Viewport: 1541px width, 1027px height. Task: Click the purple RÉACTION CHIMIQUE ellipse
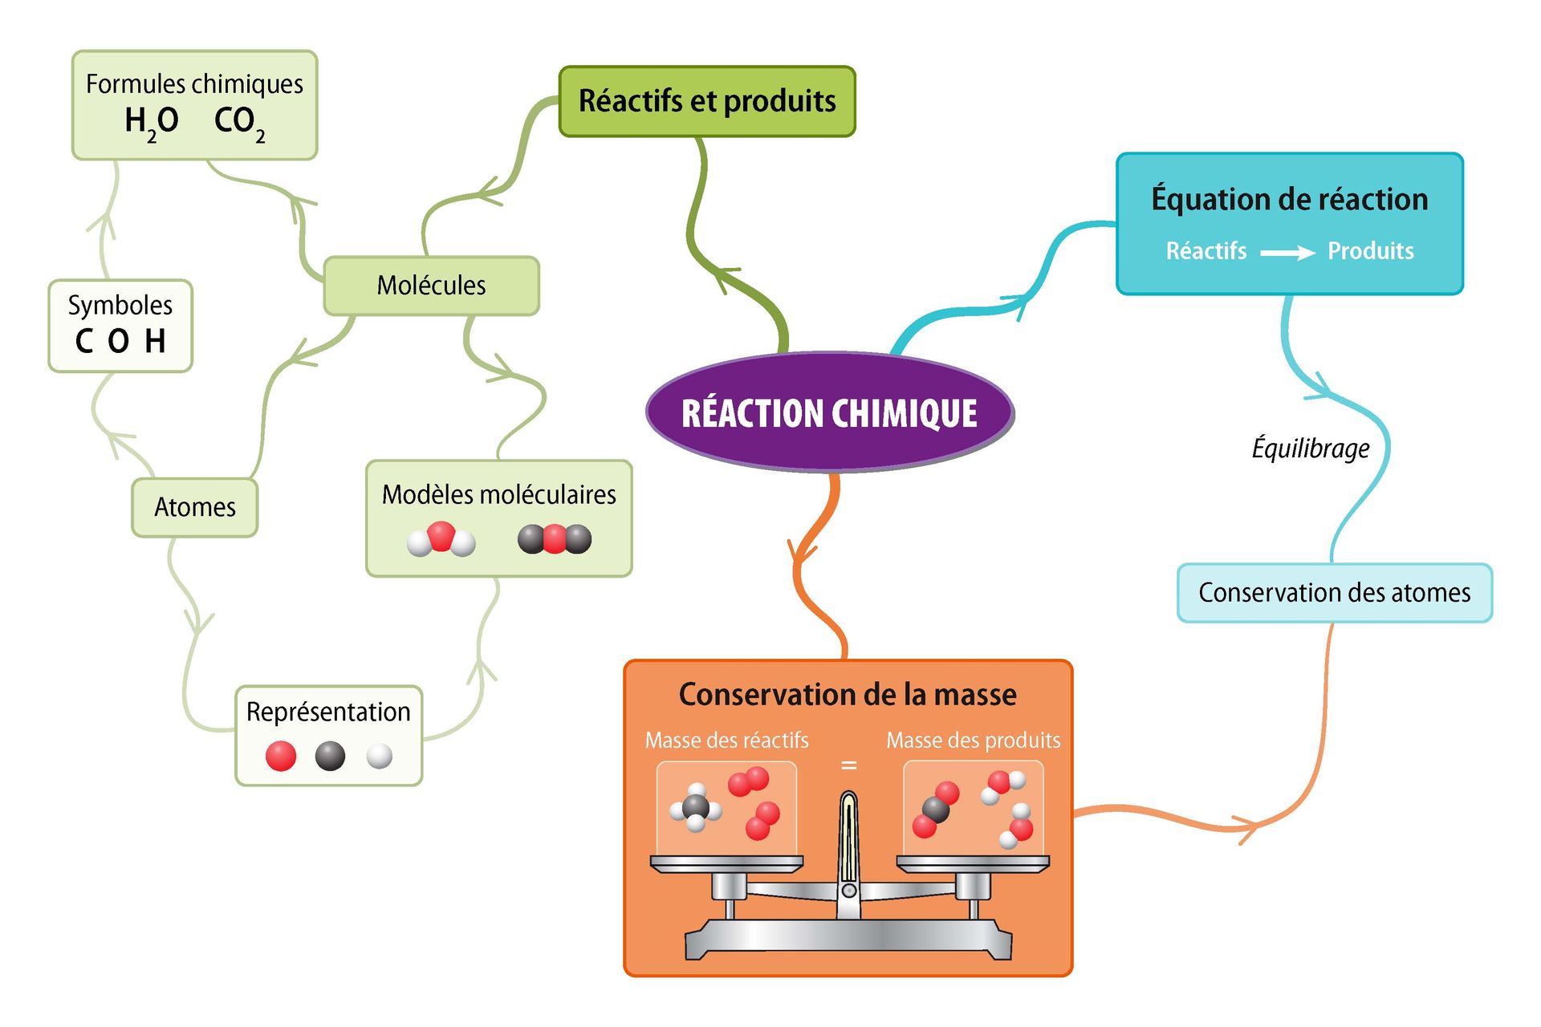[x=829, y=412]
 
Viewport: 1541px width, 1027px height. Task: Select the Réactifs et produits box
[x=707, y=101]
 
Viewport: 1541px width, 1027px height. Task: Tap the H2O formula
[x=152, y=122]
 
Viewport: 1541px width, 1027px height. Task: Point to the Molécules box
[x=431, y=286]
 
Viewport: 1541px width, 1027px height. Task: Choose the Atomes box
[x=194, y=507]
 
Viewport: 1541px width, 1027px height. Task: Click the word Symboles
[x=120, y=305]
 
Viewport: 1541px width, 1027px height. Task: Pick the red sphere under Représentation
[x=281, y=756]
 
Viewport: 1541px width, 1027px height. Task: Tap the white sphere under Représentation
[x=379, y=756]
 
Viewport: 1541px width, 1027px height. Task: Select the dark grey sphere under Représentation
[x=330, y=756]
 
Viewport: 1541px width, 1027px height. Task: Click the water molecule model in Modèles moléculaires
[x=441, y=539]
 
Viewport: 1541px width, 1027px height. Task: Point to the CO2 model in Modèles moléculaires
[x=555, y=539]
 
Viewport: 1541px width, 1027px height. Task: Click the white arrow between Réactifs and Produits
[x=1287, y=253]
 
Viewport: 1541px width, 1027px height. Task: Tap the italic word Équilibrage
[x=1311, y=448]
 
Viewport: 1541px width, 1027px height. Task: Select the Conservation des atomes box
[x=1334, y=593]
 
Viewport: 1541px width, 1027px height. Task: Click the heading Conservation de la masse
[x=848, y=694]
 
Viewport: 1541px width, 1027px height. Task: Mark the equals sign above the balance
[x=848, y=765]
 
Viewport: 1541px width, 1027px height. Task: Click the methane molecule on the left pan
[x=695, y=808]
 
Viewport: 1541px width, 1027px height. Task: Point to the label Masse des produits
[x=973, y=740]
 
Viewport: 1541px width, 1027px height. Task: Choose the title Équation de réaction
[x=1289, y=199]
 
